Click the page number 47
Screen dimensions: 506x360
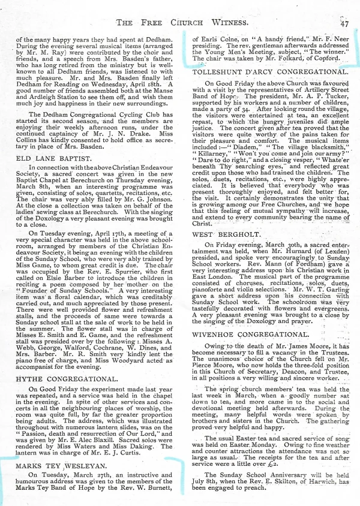coord(344,24)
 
